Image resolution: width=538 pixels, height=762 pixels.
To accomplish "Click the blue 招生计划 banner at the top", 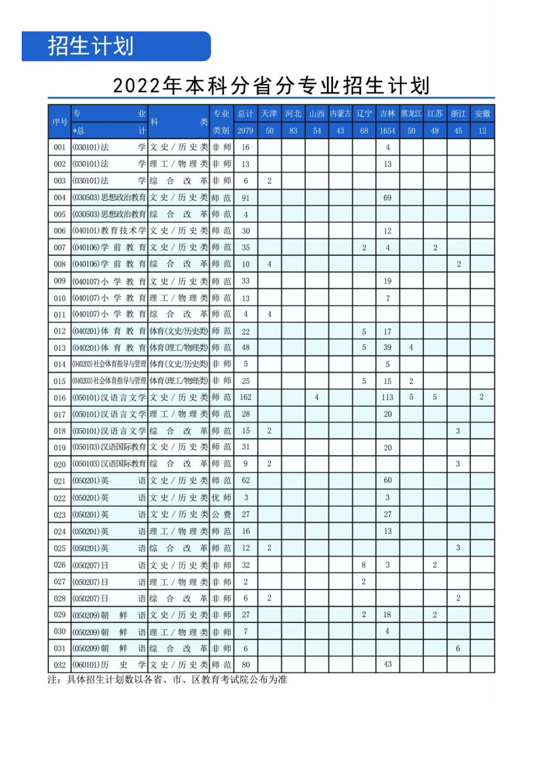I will click(x=116, y=46).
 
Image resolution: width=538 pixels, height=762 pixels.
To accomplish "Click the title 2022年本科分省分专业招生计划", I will click(x=271, y=85).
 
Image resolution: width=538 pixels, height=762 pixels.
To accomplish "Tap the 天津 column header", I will click(x=269, y=113).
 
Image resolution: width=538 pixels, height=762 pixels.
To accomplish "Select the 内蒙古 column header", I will click(x=341, y=113).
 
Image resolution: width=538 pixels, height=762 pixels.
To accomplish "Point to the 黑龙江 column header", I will click(x=411, y=113).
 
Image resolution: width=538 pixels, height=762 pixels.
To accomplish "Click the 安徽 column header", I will click(x=482, y=113).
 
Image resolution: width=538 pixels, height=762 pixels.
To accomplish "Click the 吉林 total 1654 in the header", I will click(x=387, y=131).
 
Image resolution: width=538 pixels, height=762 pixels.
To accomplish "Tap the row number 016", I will click(x=59, y=398).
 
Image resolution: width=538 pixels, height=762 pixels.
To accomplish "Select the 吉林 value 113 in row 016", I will click(x=387, y=398).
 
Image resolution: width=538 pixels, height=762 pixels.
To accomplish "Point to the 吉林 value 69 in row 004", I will click(x=387, y=197).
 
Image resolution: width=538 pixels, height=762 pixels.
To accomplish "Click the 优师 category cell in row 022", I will click(x=221, y=498).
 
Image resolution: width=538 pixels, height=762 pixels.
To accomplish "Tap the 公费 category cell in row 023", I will click(x=221, y=515).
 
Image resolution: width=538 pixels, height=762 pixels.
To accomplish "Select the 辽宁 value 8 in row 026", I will click(x=364, y=565).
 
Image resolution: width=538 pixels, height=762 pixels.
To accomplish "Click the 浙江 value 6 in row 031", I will click(x=458, y=648).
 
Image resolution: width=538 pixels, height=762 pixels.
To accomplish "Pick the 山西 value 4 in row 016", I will click(x=317, y=398).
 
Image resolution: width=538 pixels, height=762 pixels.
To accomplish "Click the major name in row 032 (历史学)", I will click(x=109, y=665).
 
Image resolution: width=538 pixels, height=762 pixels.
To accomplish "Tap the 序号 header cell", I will click(x=59, y=122).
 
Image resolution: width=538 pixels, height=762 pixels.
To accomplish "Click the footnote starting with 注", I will click(x=167, y=679).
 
